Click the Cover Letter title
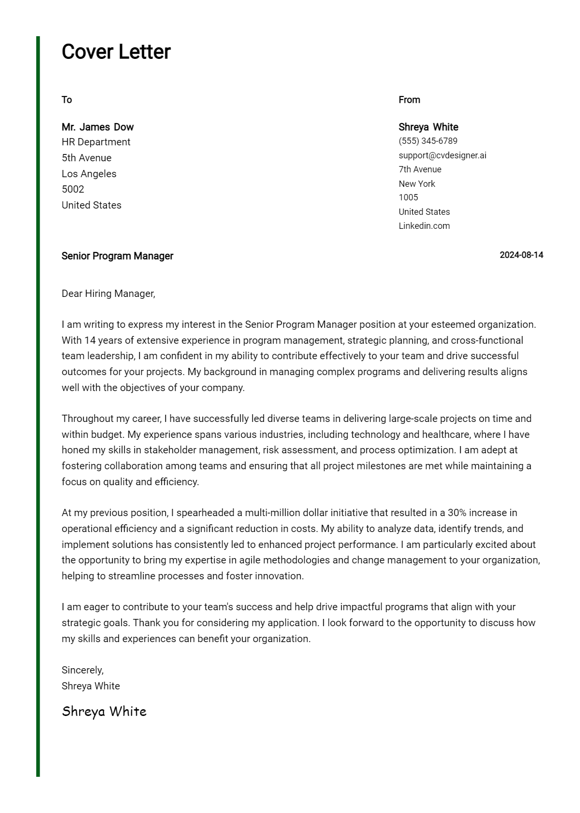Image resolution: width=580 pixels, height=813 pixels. tap(116, 52)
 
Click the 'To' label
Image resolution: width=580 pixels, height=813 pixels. tap(67, 100)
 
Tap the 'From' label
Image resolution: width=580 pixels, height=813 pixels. tap(409, 100)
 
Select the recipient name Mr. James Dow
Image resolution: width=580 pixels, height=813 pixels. tap(98, 127)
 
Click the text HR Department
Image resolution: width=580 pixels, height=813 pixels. tap(96, 142)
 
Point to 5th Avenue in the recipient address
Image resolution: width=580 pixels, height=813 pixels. tap(87, 158)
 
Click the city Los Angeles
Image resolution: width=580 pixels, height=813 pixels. tap(89, 174)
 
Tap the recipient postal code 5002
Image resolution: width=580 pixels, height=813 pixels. tap(73, 189)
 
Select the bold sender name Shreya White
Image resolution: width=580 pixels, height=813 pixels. tap(428, 127)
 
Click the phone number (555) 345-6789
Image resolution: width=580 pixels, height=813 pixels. tap(428, 141)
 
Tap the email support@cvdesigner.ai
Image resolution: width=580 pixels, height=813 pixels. tap(442, 155)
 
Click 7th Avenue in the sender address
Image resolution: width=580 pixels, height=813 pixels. tap(420, 169)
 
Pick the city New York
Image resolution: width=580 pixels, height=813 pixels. tap(417, 184)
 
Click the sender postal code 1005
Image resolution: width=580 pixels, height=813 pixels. tap(408, 197)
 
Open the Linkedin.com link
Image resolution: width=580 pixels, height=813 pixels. tap(424, 226)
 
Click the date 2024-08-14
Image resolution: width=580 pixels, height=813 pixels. tap(521, 255)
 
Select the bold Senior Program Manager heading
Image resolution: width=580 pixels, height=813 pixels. tap(117, 256)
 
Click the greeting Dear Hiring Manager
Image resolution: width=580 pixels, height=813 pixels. tap(108, 294)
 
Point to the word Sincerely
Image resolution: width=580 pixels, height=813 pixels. tap(82, 670)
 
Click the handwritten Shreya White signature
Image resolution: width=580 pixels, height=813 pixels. tap(104, 712)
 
